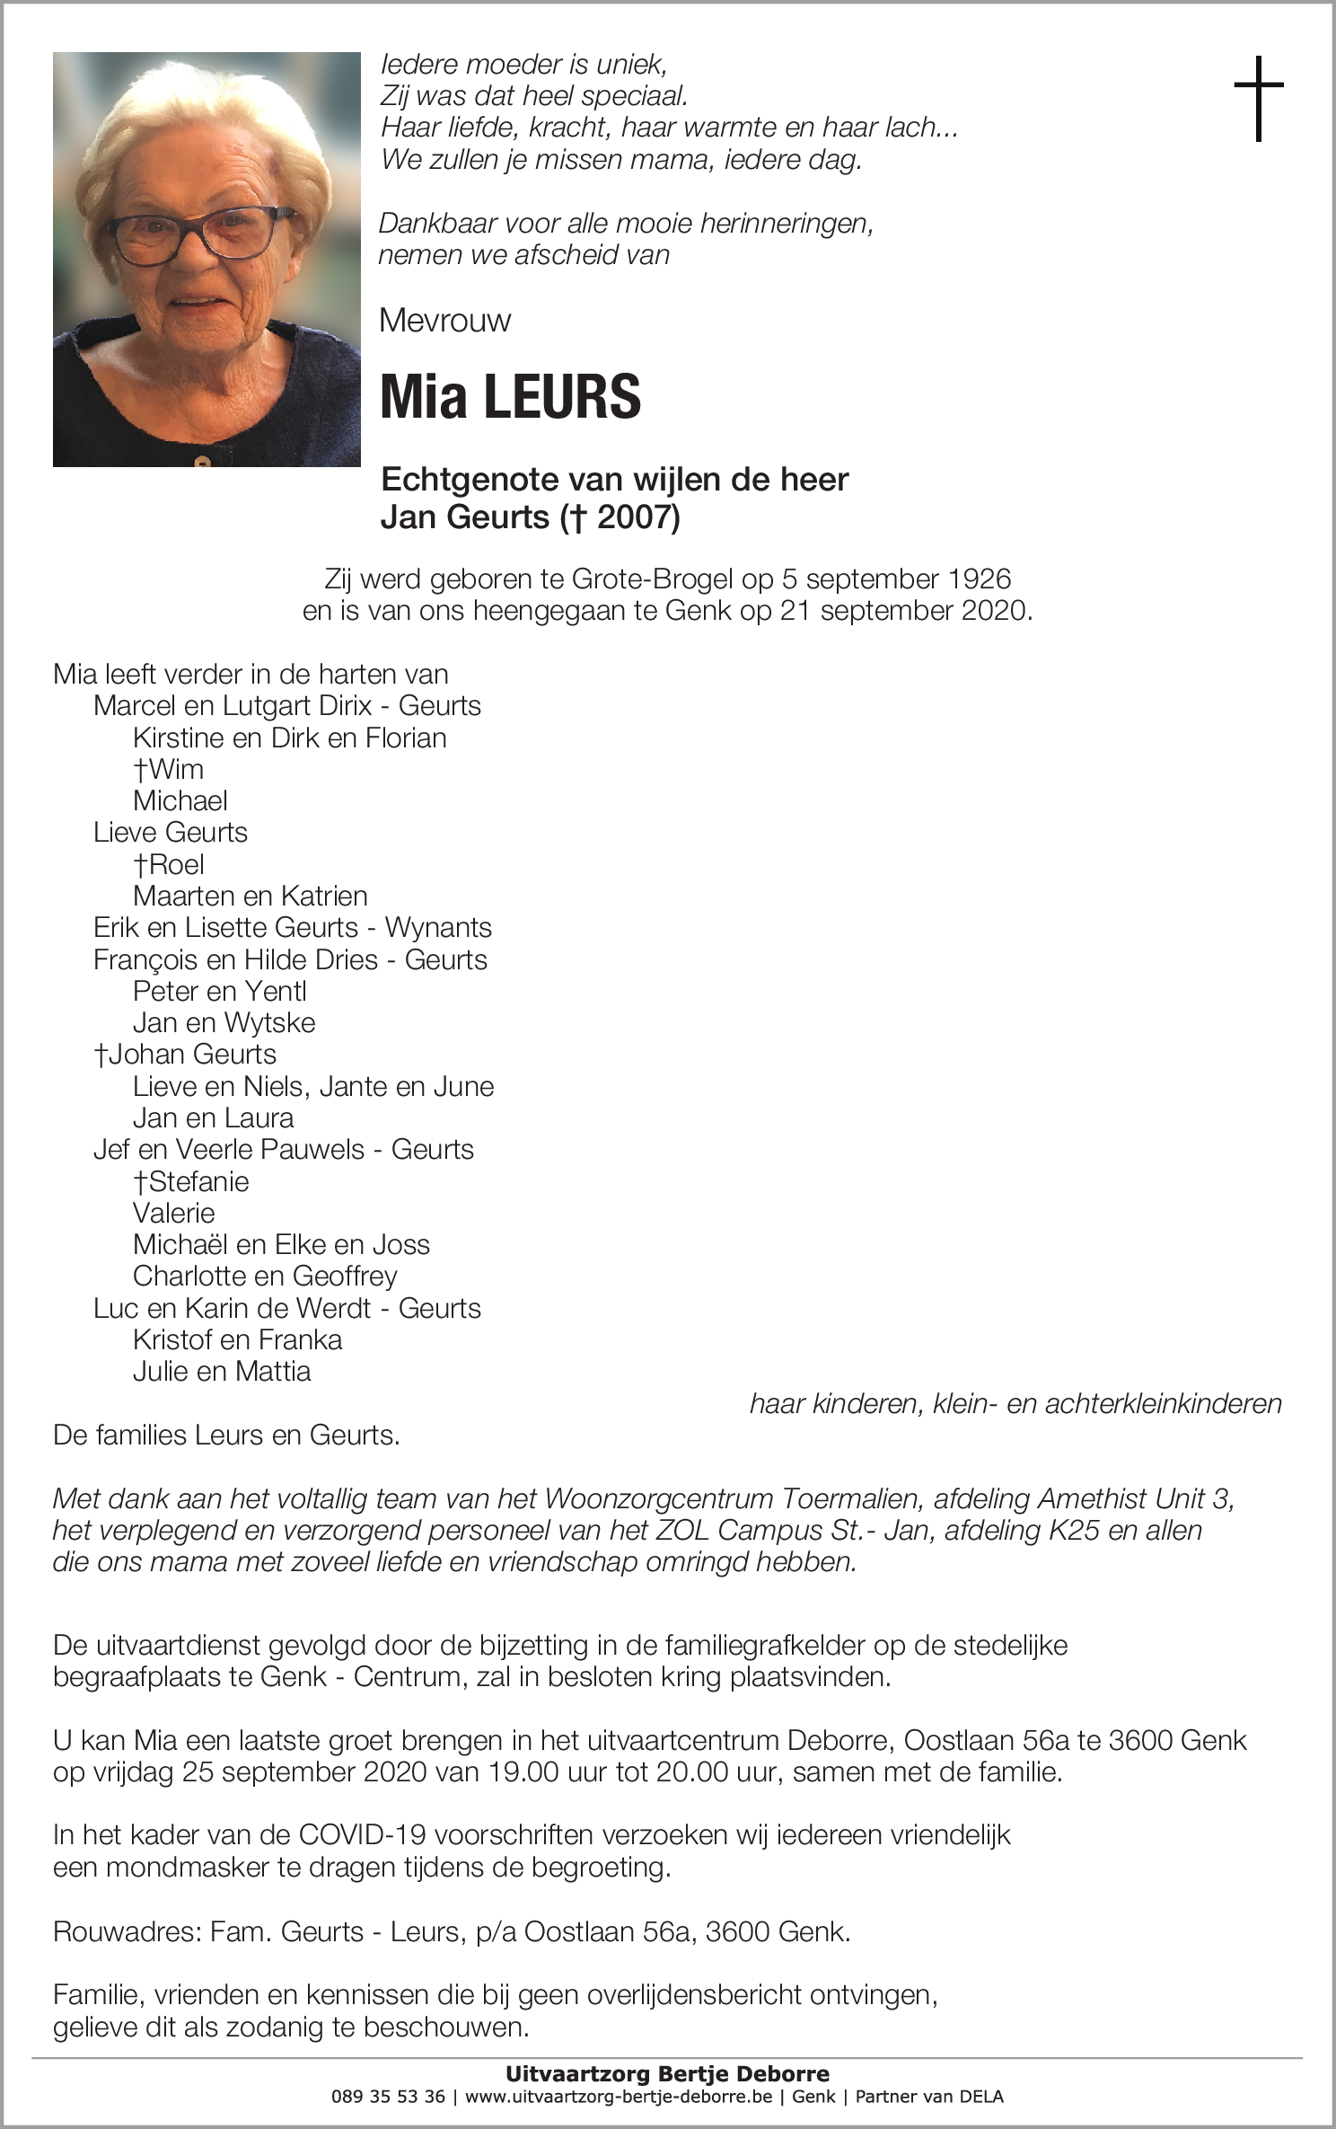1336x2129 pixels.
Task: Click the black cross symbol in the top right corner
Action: point(1259,98)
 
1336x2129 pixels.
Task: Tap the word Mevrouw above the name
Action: point(445,321)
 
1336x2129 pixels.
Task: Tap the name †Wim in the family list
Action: point(168,770)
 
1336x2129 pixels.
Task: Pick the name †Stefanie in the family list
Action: point(190,1181)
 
